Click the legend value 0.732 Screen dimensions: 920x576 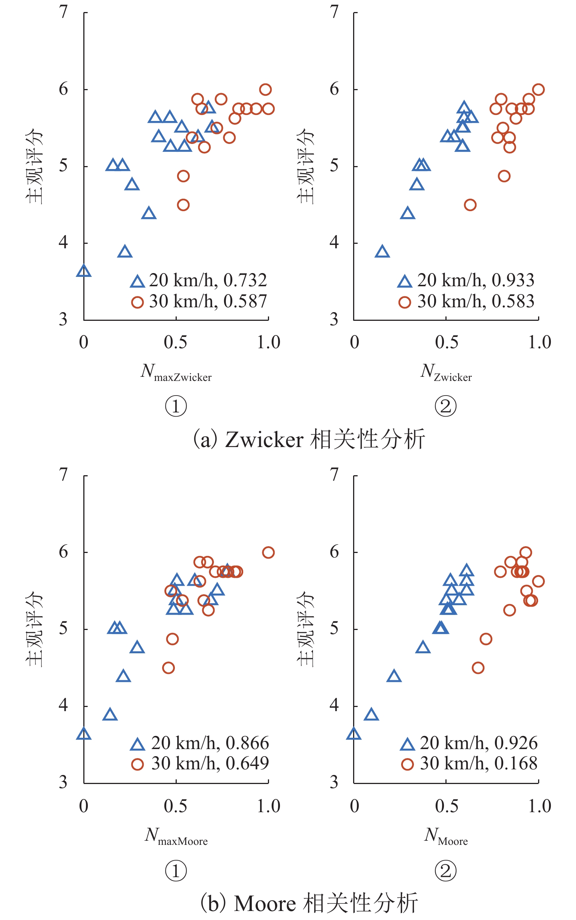pyautogui.click(x=245, y=281)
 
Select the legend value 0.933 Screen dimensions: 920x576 pyautogui.click(x=513, y=281)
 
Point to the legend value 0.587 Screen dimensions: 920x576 pyautogui.click(x=245, y=302)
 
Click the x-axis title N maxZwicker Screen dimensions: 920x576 pyautogui.click(x=176, y=372)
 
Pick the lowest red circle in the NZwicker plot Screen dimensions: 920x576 pyautogui.click(x=470, y=205)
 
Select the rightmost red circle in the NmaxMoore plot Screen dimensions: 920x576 pyautogui.click(x=268, y=553)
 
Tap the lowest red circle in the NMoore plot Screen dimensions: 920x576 pyautogui.click(x=478, y=668)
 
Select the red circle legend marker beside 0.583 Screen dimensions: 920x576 pyautogui.click(x=405, y=302)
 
